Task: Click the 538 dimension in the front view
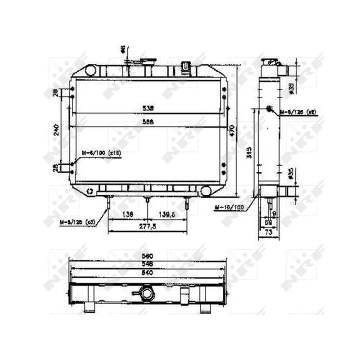point(148,108)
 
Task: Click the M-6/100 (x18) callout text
point(101,153)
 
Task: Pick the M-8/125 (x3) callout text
point(78,221)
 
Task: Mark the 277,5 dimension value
point(148,226)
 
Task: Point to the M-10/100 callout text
point(229,207)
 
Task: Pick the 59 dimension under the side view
point(268,222)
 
